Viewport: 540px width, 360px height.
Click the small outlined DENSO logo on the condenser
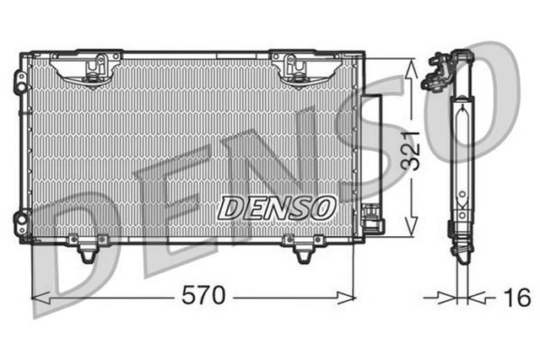[277, 207]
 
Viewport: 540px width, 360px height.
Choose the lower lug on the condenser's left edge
[21, 223]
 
